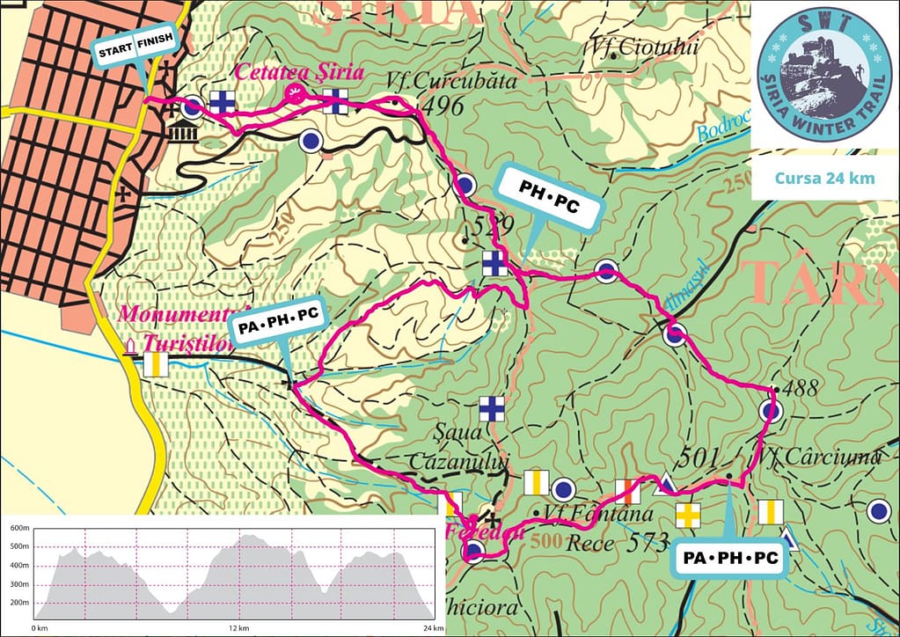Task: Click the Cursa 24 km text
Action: point(824,178)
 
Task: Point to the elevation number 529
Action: point(492,225)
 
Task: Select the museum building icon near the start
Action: point(182,134)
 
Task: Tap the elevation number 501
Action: point(698,458)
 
